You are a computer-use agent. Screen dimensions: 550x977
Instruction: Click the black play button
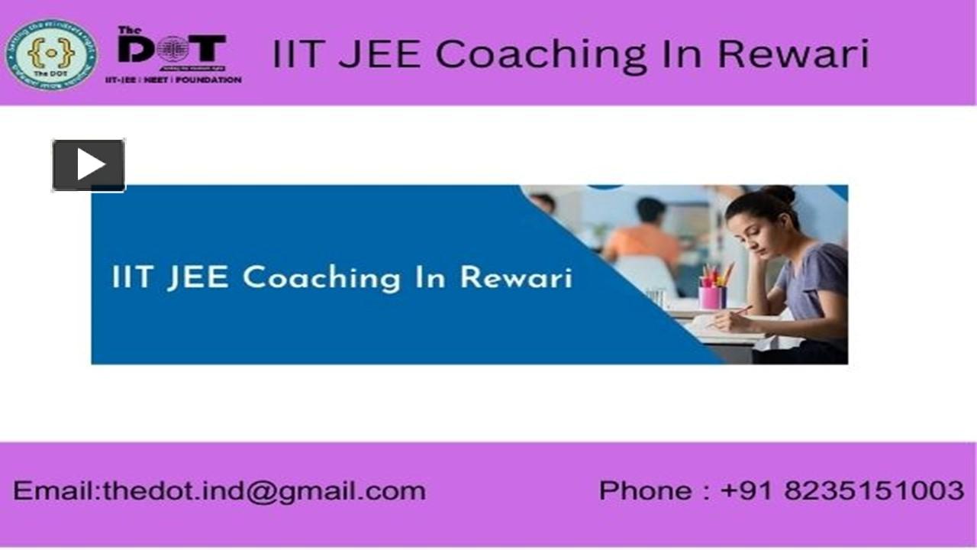tap(89, 165)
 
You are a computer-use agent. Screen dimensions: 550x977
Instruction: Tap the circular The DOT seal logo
tap(50, 54)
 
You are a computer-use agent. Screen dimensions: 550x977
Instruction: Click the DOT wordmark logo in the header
tap(173, 50)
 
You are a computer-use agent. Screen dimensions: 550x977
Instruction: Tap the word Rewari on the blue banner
tap(516, 277)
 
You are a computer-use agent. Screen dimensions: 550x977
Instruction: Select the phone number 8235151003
tap(873, 490)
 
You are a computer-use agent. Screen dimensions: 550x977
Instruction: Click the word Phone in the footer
tap(646, 490)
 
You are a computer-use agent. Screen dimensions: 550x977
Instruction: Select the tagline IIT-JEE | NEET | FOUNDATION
tap(173, 79)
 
